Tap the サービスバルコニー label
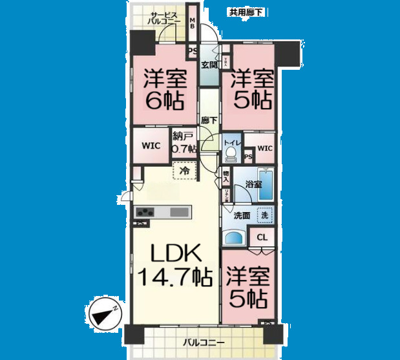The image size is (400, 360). (167, 18)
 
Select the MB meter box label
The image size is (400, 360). (192, 23)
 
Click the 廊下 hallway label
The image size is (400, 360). (208, 120)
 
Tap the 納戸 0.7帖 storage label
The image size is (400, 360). (183, 143)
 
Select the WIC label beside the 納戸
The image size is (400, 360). (151, 146)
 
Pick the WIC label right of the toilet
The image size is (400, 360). (265, 148)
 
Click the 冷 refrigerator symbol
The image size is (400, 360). (185, 171)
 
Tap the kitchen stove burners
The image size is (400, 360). (145, 212)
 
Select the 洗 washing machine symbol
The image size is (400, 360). (264, 215)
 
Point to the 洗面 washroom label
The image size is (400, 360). (242, 215)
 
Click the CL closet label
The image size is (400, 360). (262, 238)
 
